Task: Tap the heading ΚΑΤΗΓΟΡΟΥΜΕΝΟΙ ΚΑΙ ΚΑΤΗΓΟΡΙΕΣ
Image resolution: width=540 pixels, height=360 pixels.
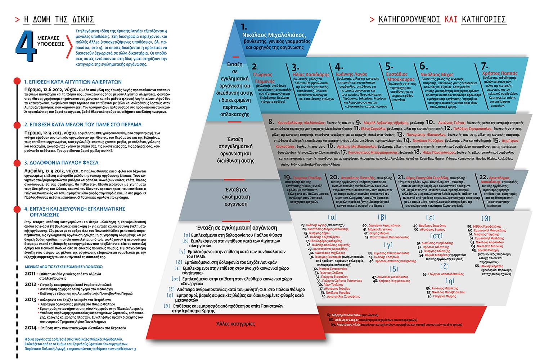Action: [442, 19]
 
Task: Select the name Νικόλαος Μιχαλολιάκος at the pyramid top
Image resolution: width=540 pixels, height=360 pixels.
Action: [274, 36]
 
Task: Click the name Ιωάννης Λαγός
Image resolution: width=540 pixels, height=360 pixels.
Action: [351, 73]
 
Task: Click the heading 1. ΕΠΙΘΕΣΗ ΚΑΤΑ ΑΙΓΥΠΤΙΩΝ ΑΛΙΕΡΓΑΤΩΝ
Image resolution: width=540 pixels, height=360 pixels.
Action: [73, 82]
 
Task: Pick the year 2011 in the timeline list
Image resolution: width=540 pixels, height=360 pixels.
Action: [30, 274]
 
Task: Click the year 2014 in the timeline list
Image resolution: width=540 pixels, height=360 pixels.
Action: [30, 328]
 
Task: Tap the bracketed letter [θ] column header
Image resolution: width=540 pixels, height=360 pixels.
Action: [486, 218]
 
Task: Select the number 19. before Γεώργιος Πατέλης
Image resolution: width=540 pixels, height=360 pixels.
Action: [287, 177]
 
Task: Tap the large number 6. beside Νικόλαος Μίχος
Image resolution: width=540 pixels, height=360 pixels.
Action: [424, 66]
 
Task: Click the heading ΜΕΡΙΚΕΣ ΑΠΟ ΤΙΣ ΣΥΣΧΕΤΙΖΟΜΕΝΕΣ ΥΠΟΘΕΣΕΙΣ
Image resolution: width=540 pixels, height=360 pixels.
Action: [63, 267]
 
